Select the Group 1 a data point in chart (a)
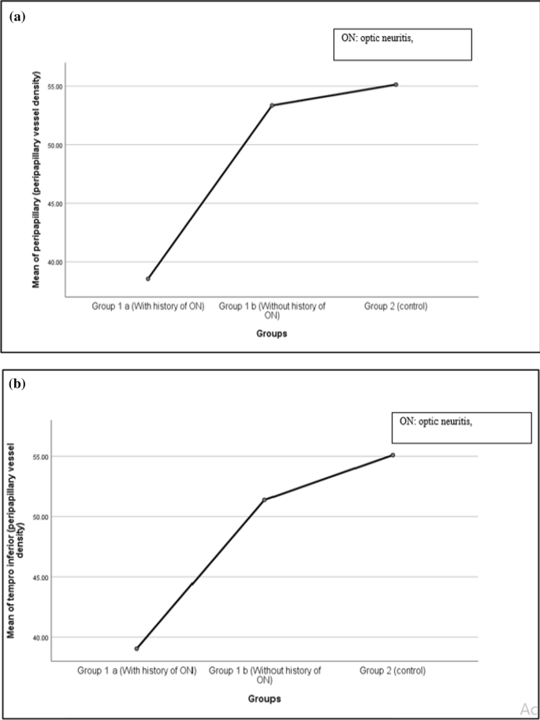tap(147, 278)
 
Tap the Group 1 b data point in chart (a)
tap(272, 105)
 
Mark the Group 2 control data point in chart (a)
tap(396, 84)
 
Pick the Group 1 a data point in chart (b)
tap(136, 648)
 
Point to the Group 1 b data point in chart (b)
tap(264, 499)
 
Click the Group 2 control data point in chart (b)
tap(393, 455)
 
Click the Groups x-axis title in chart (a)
tap(271, 333)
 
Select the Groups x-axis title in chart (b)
tap(264, 698)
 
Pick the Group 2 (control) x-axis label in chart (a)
tap(396, 306)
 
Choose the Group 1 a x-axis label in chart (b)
tap(136, 670)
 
